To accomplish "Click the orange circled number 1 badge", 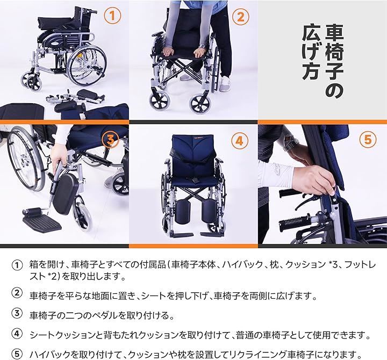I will click(x=112, y=17).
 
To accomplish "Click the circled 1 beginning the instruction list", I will click(x=18, y=265).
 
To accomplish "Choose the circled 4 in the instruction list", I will click(x=18, y=334).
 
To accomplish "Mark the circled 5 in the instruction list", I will click(x=18, y=354).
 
